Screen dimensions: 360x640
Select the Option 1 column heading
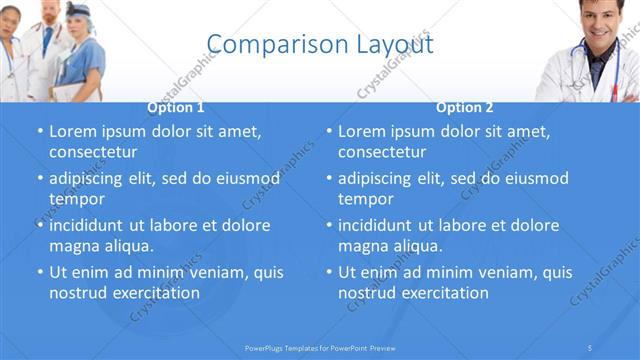pos(176,108)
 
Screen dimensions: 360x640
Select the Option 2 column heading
pos(465,108)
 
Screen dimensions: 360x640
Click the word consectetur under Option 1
pos(93,152)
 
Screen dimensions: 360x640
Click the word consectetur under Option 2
pos(382,152)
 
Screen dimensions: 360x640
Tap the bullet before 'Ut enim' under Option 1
pos(40,272)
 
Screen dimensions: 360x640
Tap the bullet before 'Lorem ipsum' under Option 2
pos(329,132)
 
